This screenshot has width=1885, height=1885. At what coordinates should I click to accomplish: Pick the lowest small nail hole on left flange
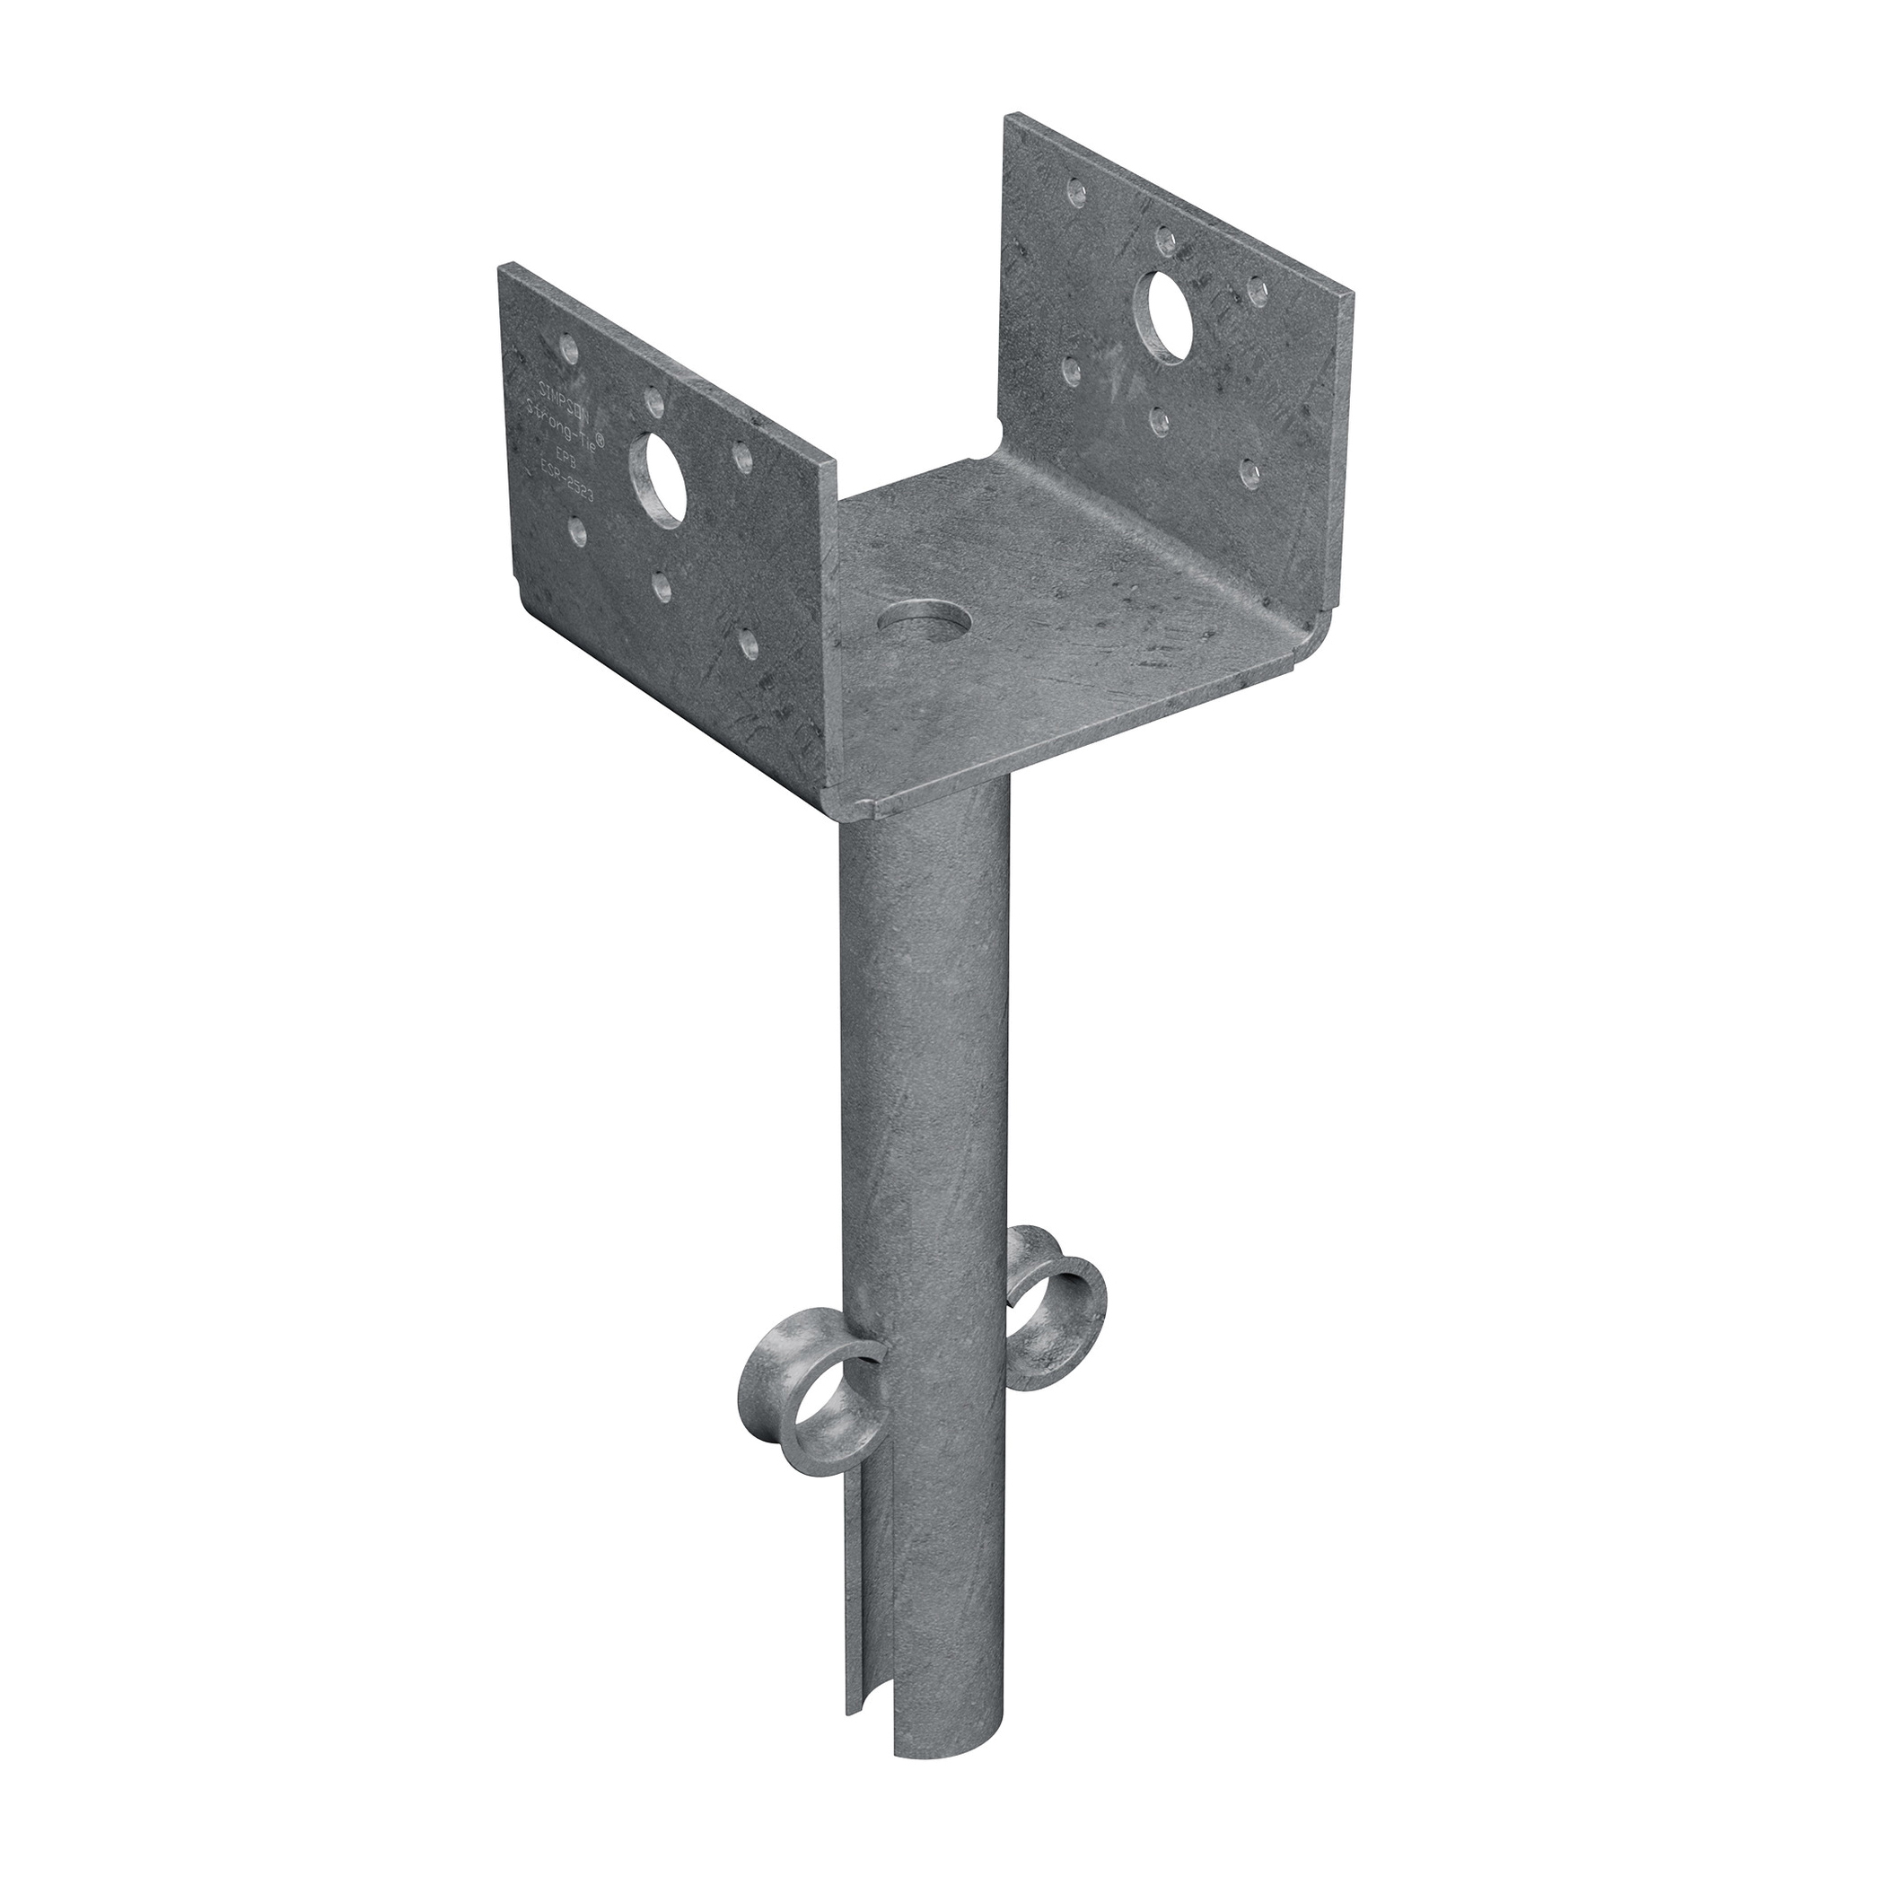[747, 642]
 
